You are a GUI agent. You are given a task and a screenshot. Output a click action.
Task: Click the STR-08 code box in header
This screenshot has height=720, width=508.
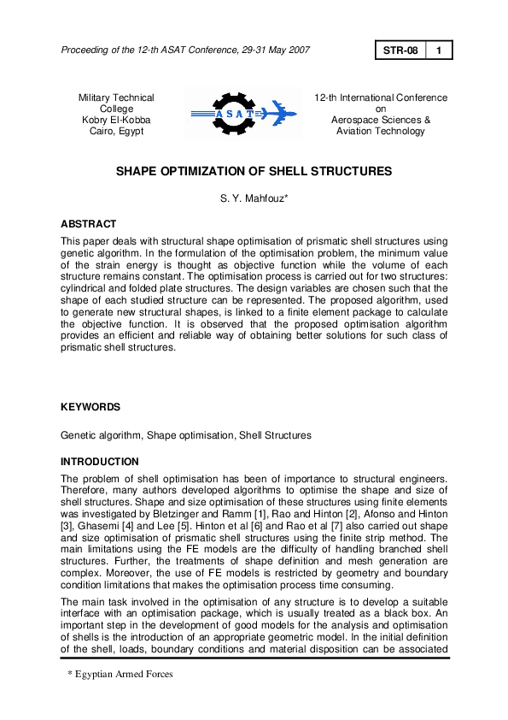[400, 50]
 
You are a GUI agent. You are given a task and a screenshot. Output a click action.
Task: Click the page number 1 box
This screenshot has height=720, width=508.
[438, 50]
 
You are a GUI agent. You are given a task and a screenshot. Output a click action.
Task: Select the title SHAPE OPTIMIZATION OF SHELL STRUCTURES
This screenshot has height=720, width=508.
[254, 172]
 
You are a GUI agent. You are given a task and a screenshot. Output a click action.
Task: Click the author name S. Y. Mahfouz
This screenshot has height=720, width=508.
[254, 201]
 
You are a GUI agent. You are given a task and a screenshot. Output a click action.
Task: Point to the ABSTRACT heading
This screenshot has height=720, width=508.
[88, 224]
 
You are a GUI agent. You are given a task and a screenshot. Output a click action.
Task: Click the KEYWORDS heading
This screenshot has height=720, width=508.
[90, 407]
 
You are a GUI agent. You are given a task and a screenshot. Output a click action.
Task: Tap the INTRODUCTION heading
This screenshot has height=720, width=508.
[99, 462]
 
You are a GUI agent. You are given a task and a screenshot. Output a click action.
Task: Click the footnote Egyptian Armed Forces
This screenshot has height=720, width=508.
[122, 675]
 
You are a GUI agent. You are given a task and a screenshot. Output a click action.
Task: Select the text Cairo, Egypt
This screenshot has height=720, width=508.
[116, 132]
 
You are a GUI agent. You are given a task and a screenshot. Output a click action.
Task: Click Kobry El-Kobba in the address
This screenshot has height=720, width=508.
[116, 121]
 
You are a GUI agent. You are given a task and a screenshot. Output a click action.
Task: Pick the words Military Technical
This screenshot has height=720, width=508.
[116, 98]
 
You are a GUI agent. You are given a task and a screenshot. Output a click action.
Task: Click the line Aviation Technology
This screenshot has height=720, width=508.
[381, 132]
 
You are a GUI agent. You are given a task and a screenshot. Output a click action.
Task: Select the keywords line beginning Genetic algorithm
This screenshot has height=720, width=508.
[185, 435]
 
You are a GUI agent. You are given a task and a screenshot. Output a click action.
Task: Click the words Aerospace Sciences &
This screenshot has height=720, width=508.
[381, 121]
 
